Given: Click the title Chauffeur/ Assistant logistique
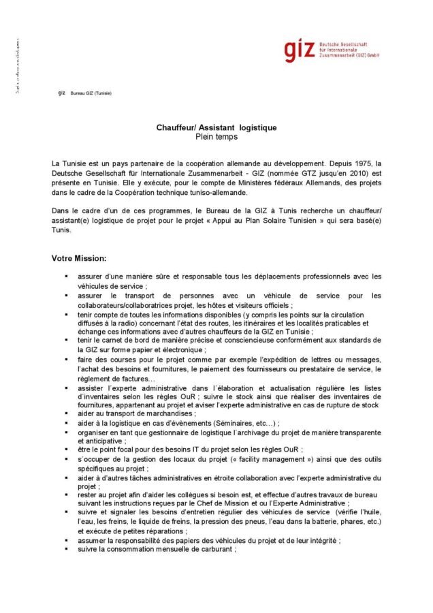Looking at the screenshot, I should [x=216, y=128].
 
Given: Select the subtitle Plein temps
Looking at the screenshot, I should [x=216, y=136].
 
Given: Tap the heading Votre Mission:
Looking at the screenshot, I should [x=78, y=259].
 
